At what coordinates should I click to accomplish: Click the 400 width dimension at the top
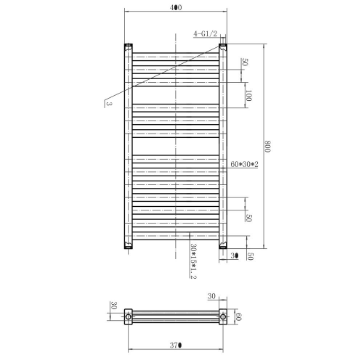(x=176, y=7)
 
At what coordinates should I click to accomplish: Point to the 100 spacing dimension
(x=248, y=96)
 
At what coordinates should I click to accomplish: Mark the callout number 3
(x=109, y=104)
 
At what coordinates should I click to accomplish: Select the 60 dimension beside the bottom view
(x=237, y=316)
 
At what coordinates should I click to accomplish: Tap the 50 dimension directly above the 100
(x=246, y=64)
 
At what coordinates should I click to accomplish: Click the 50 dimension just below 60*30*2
(x=248, y=217)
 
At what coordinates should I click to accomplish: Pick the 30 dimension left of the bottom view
(x=114, y=306)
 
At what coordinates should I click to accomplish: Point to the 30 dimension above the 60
(x=212, y=296)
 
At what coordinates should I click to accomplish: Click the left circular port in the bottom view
(x=129, y=316)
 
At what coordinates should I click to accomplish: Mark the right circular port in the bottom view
(x=223, y=316)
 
